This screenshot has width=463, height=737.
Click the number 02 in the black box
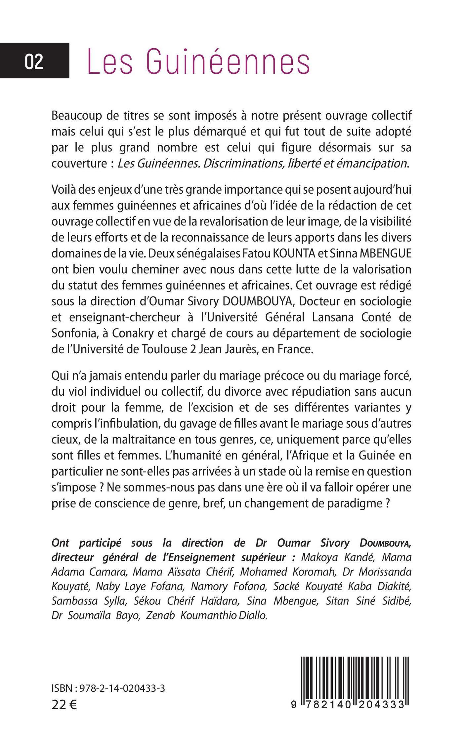(34, 62)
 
